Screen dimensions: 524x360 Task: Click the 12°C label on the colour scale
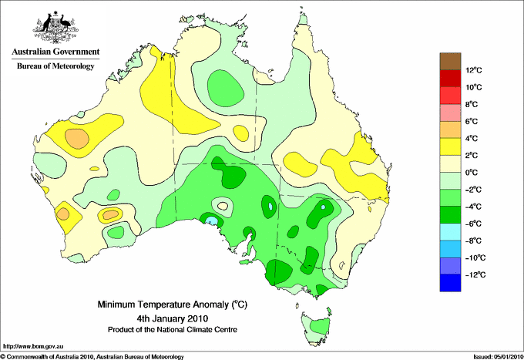(474, 70)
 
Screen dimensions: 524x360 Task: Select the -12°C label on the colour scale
(474, 274)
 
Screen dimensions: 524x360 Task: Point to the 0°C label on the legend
(472, 173)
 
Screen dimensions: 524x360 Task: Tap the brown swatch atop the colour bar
(450, 62)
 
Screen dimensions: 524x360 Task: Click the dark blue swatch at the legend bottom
(450, 283)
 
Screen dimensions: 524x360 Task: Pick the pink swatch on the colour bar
(450, 113)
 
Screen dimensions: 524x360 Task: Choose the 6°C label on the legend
(472, 121)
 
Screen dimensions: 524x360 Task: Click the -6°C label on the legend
(473, 224)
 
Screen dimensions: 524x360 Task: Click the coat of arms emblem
(55, 27)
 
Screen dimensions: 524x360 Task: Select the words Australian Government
(55, 52)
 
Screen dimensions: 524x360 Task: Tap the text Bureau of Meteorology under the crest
(55, 66)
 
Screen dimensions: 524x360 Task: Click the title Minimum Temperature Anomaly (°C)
(173, 304)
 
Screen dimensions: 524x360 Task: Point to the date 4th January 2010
(173, 318)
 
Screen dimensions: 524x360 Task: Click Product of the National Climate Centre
(173, 330)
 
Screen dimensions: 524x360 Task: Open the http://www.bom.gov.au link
(33, 347)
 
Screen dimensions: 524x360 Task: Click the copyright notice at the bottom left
(92, 357)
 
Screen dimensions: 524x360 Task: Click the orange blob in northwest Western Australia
(77, 139)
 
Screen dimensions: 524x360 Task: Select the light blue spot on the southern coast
(211, 220)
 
